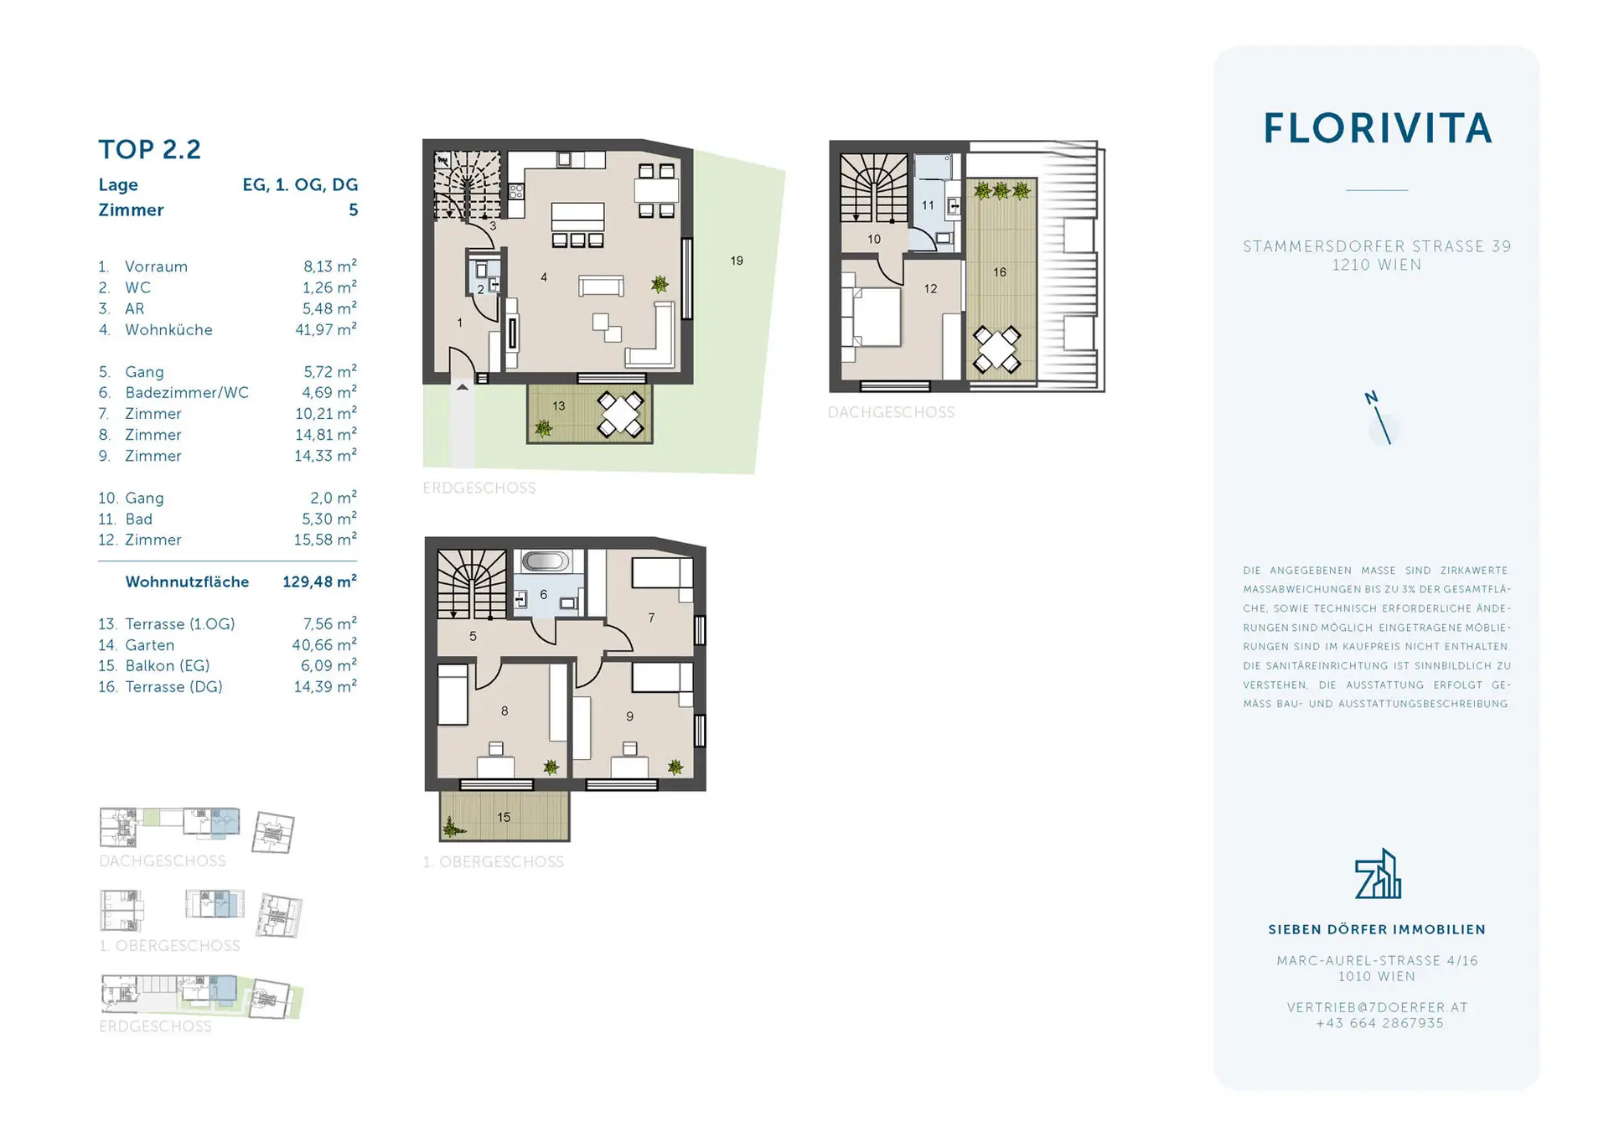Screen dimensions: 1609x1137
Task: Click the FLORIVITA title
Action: [1377, 128]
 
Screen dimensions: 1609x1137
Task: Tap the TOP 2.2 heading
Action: [149, 149]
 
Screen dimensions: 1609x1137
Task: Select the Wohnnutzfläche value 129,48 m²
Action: [319, 581]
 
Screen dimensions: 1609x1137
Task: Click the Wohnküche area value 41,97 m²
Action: [326, 329]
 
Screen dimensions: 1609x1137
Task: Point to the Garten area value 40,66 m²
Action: [324, 644]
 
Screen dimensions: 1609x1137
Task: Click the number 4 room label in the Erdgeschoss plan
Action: [544, 276]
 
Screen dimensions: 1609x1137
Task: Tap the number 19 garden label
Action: [737, 261]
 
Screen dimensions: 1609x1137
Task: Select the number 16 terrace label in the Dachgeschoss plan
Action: [999, 271]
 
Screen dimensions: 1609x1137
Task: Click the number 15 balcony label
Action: [504, 817]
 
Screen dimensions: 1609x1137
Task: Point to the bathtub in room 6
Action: [545, 561]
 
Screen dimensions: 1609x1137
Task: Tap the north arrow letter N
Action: [1371, 398]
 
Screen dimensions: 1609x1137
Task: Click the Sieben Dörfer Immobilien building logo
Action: [1378, 873]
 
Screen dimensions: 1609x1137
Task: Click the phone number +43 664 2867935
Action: [1379, 1023]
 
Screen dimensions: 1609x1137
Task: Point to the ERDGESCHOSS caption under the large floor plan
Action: [479, 488]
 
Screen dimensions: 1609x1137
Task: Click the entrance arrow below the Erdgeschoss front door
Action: [462, 387]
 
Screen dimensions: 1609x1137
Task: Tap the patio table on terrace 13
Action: [620, 415]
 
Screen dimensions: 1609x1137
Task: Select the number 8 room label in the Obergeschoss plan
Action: [504, 711]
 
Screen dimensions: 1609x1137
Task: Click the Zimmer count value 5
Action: [354, 209]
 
